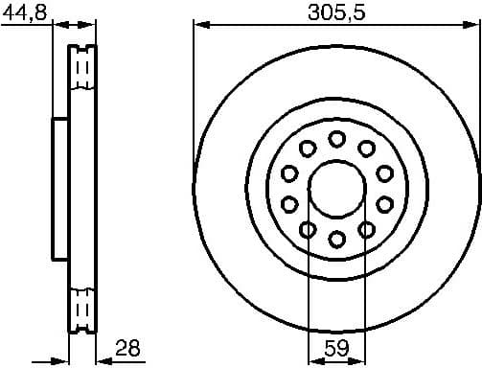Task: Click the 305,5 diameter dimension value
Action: [x=336, y=12]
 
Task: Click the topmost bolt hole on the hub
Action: [x=336, y=140]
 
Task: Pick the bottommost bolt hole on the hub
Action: [x=336, y=238]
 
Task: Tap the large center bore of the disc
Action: [x=336, y=189]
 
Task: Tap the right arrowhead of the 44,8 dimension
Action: [x=93, y=26]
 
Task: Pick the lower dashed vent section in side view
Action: [x=83, y=308]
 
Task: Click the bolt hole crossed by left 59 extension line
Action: [x=309, y=229]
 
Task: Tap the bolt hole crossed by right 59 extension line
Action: [x=365, y=229]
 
